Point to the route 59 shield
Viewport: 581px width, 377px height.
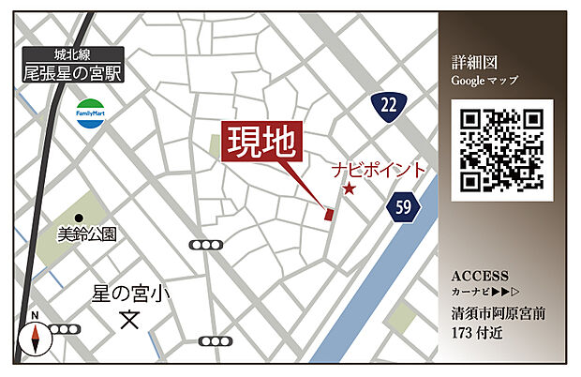(x=401, y=206)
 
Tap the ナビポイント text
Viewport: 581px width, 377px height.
(x=379, y=171)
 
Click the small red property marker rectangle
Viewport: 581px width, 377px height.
(x=328, y=215)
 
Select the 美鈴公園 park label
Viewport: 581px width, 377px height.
(x=86, y=235)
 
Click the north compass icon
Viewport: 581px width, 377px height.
(x=34, y=335)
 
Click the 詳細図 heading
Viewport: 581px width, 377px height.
(x=471, y=63)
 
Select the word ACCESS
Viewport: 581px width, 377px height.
(x=480, y=277)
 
